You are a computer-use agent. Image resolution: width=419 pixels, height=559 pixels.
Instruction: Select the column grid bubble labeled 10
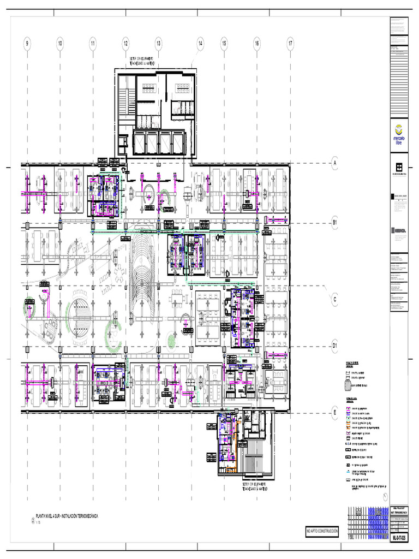pos(60,44)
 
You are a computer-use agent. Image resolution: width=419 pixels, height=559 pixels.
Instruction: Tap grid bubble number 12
pos(125,44)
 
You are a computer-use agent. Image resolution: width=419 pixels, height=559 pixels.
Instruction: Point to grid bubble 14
pos(200,44)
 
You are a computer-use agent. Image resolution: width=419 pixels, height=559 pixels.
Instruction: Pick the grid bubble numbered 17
pos(290,44)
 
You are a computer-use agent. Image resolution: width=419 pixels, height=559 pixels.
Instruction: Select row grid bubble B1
pos(336,223)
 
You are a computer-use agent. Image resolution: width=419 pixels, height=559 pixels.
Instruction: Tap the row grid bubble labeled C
pos(336,299)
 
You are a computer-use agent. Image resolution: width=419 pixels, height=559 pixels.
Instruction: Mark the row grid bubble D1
pos(336,345)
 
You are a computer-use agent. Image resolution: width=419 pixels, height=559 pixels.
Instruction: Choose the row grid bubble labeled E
pos(336,413)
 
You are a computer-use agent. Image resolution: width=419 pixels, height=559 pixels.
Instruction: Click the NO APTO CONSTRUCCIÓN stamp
pos(322,531)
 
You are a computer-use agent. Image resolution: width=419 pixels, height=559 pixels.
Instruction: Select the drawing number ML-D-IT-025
pos(399,538)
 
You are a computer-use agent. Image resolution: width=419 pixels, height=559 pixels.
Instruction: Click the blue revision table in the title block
pos(377,523)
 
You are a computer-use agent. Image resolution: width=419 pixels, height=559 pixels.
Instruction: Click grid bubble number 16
pos(256,44)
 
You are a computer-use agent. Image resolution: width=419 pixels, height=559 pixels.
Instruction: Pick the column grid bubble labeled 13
pos(158,44)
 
